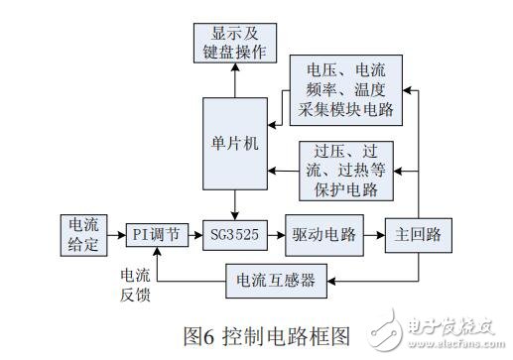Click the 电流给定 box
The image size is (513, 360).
80,234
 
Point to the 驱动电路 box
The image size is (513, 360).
319,235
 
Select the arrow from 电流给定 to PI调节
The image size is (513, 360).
114,235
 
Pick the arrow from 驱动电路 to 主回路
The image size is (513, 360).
366,235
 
